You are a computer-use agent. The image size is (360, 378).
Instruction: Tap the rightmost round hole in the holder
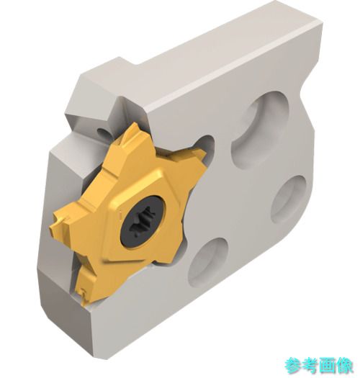click(289, 199)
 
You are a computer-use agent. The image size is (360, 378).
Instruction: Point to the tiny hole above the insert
click(102, 132)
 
